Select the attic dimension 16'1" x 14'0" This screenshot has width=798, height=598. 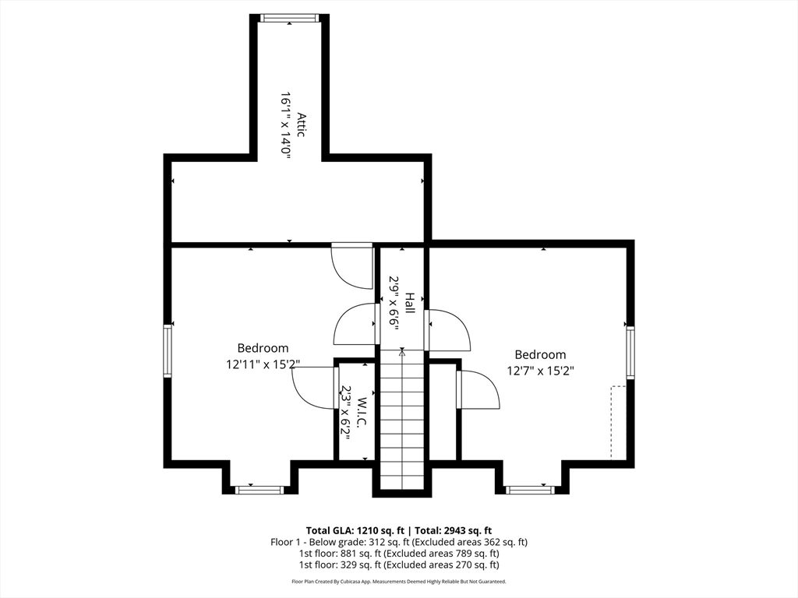coord(286,126)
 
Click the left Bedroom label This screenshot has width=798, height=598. coord(263,348)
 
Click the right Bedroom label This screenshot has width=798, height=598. coord(540,354)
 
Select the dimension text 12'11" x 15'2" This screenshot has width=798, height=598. coord(263,363)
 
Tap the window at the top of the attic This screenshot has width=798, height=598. coord(289,18)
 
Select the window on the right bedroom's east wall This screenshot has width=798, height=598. coord(630,352)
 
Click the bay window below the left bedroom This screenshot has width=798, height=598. coord(260,490)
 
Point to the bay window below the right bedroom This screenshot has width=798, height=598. coord(529,490)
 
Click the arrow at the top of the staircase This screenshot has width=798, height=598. coord(402,353)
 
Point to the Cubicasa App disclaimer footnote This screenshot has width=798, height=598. coord(398,582)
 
